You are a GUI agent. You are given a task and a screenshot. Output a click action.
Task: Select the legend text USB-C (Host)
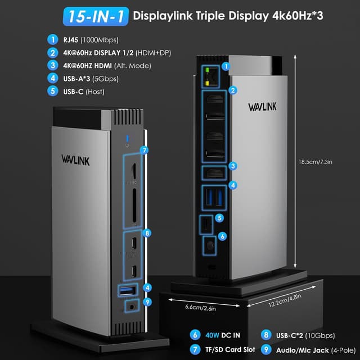click(84, 91)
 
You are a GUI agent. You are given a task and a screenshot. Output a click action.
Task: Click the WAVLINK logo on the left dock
click(75, 160)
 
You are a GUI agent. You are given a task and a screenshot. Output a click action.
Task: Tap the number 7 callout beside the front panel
click(145, 150)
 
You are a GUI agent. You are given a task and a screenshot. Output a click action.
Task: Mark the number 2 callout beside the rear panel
click(233, 89)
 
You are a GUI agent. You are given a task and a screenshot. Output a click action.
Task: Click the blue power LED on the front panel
click(129, 139)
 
